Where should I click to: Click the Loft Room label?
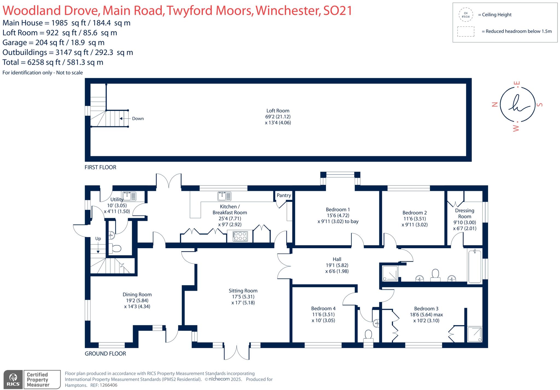(x=278, y=111)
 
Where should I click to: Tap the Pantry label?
(x=284, y=195)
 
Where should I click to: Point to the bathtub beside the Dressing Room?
(x=475, y=266)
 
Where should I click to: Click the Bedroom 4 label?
(x=323, y=309)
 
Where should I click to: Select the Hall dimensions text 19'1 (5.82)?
(x=337, y=265)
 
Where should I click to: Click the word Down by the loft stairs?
(x=138, y=119)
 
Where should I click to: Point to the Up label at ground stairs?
(x=98, y=239)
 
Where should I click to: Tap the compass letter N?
(x=494, y=104)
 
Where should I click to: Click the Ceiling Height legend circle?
(x=466, y=15)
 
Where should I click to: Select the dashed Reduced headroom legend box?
(x=466, y=31)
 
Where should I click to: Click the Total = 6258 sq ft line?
(x=53, y=62)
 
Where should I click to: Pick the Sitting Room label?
(x=243, y=291)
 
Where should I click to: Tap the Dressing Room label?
(x=465, y=213)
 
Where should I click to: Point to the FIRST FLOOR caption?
(x=100, y=167)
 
